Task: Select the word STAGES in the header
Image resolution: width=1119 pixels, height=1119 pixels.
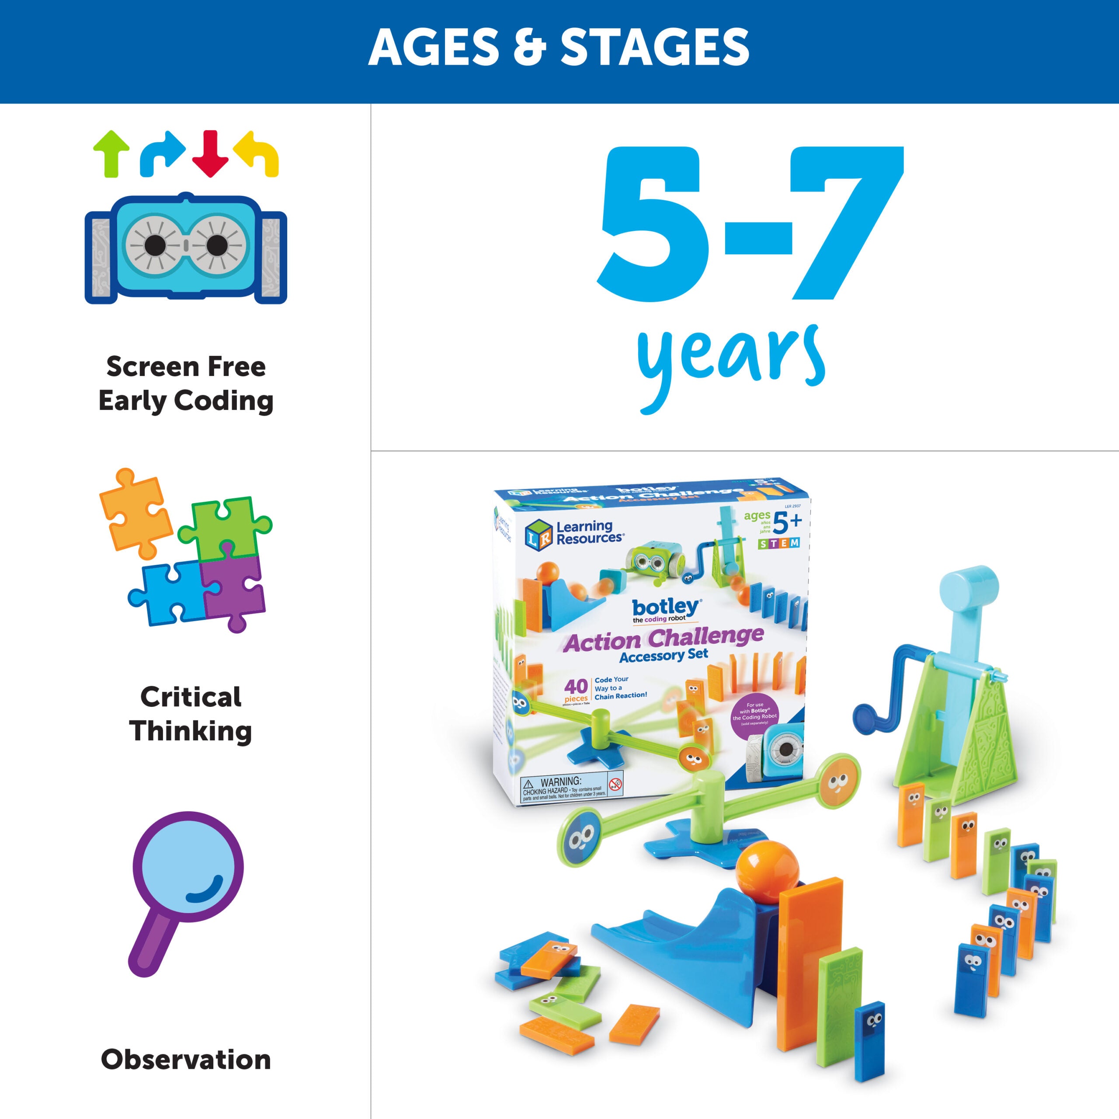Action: coord(654,48)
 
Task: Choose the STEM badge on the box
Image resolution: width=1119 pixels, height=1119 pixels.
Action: coord(779,543)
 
